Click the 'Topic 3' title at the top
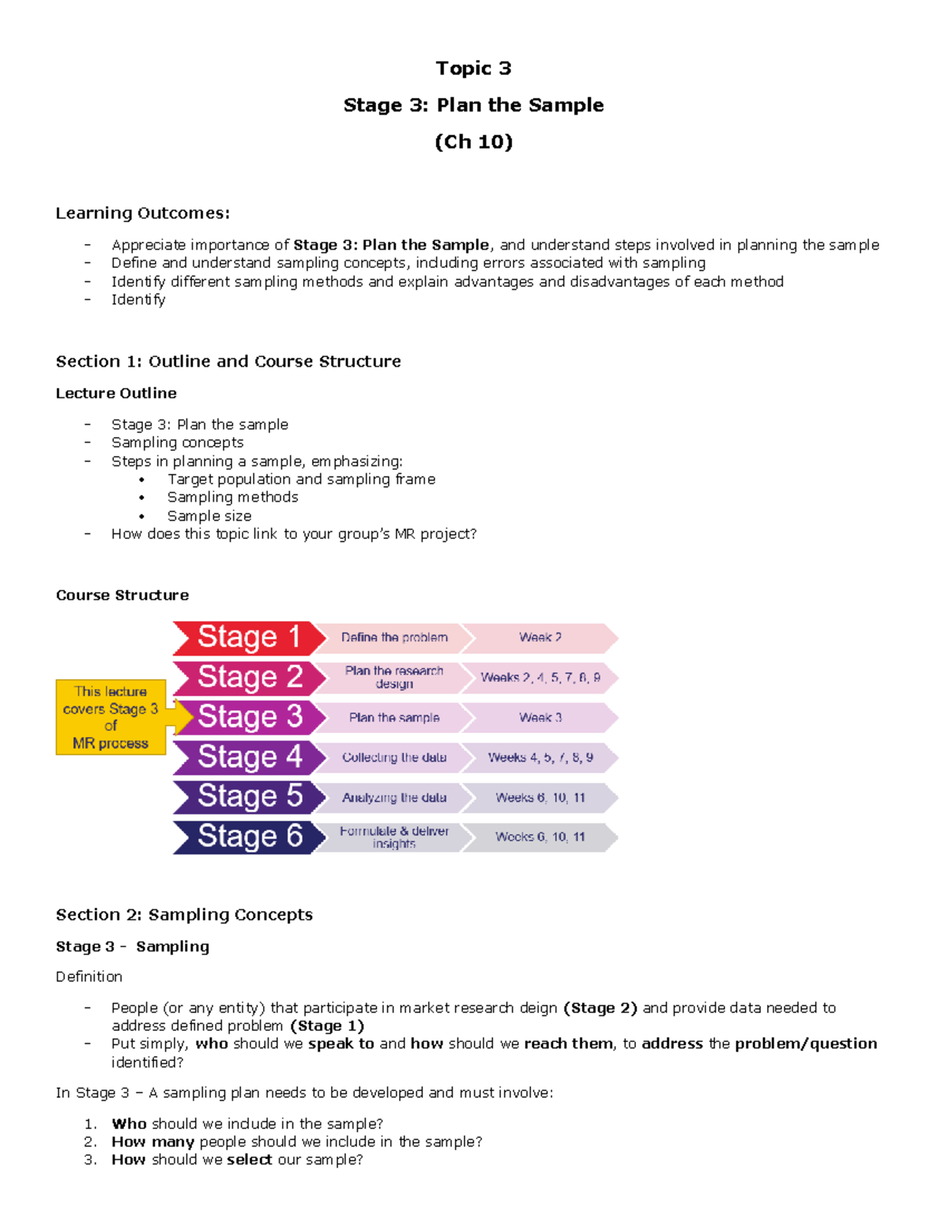(473, 69)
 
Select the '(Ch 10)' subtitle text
(473, 142)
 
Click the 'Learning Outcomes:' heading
(143, 213)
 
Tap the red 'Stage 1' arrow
(248, 638)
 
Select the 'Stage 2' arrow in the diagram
(248, 677)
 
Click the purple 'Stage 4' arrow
(248, 757)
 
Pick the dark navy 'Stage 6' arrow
(248, 837)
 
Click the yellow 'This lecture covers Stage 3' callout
(111, 717)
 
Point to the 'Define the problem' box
(394, 638)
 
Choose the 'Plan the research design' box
(394, 677)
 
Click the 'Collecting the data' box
(394, 757)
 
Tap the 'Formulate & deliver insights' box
(394, 837)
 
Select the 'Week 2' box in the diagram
(540, 638)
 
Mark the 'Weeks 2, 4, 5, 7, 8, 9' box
(540, 677)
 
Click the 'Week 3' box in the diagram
(540, 717)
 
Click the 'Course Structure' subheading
(122, 595)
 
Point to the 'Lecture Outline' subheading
(116, 393)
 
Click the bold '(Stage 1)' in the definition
(327, 1026)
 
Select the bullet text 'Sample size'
(209, 516)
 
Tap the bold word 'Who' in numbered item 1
(129, 1123)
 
